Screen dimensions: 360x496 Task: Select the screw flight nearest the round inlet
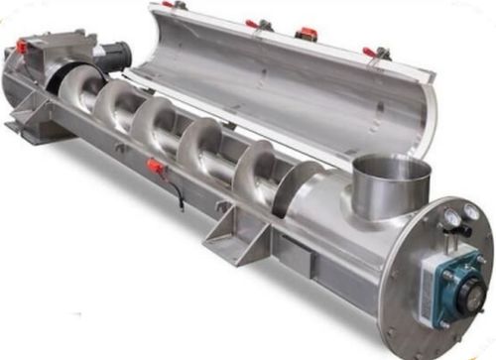pyautogui.click(x=298, y=183)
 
